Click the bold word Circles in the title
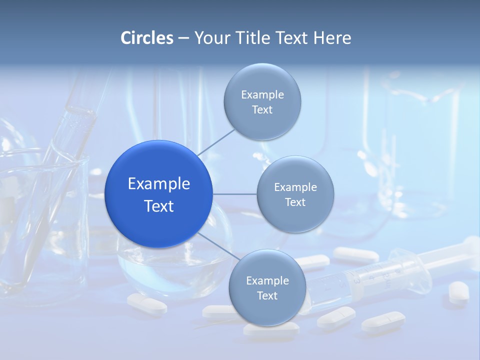point(147,38)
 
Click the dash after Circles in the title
point(183,38)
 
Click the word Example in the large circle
point(159,183)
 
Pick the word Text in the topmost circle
point(262,110)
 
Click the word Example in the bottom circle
point(267,280)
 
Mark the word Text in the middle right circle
point(295,202)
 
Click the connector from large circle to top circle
point(215,142)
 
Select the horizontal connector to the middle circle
point(234,194)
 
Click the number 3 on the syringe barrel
point(357,280)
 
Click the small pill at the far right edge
point(458,291)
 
